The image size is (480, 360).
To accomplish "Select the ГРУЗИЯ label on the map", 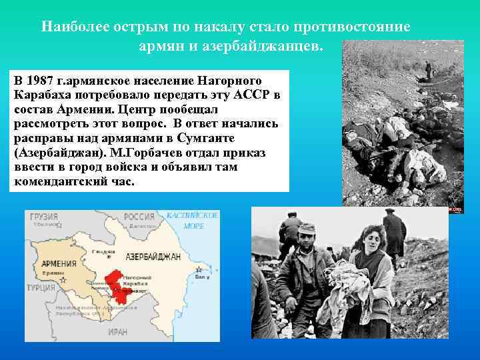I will coord(43,217).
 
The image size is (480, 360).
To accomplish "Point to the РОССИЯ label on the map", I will coord(139,217).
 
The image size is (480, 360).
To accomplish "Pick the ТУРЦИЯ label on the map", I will coord(41,288).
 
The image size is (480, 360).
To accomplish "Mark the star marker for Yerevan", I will coord(63,280).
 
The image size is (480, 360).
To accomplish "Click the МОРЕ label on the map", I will coord(193,226).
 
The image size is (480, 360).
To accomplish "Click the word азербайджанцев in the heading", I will coord(269,46).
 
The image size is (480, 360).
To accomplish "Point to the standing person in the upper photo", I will coord(428,69).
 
